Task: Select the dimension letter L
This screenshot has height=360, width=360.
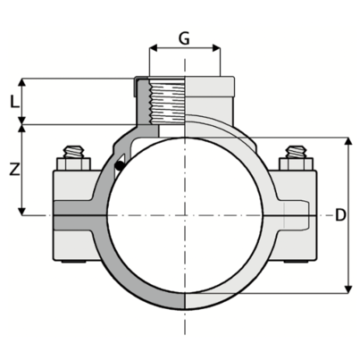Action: click(13, 101)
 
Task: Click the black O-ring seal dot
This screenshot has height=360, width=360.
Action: click(119, 164)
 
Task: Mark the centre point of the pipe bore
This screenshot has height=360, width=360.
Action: click(184, 215)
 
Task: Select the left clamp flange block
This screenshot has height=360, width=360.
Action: click(76, 215)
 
